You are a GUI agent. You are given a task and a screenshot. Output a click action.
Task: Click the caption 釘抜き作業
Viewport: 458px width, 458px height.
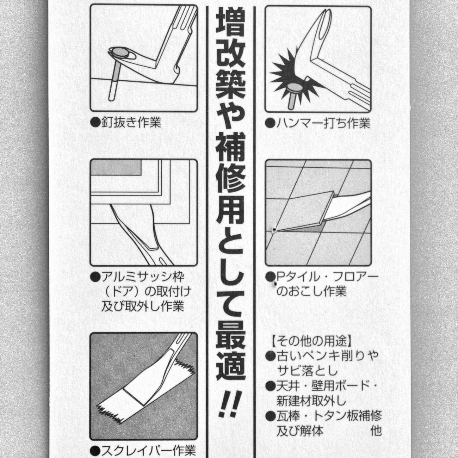(x=131, y=123)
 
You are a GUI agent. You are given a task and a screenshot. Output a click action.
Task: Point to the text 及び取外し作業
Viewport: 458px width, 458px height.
(x=143, y=306)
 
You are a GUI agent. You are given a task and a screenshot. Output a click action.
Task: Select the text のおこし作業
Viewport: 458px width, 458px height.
(x=311, y=291)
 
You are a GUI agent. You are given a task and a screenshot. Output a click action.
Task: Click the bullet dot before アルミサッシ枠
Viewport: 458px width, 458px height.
(x=95, y=277)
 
